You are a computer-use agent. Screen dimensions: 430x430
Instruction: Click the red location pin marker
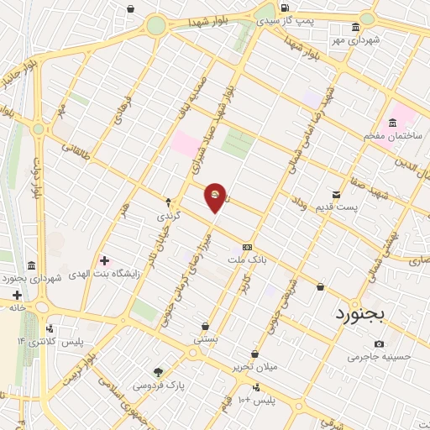click(216, 197)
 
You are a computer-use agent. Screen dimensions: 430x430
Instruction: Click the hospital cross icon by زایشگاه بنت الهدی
click(104, 260)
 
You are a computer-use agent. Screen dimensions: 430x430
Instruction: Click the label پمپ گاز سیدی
click(308, 19)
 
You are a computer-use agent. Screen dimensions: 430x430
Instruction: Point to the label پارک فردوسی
click(157, 385)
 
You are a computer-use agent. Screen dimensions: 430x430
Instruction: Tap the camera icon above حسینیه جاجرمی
click(380, 344)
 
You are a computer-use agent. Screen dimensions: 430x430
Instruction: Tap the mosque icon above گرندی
click(168, 202)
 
